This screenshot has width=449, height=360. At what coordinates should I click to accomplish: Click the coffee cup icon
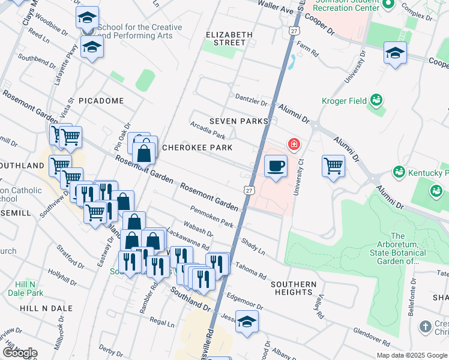click(276, 166)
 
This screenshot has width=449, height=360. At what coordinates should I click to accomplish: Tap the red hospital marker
click(294, 143)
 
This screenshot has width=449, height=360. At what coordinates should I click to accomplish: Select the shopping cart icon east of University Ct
click(333, 166)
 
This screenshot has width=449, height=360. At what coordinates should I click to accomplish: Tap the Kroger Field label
click(346, 100)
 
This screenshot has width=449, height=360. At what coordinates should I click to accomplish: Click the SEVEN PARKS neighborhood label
click(238, 121)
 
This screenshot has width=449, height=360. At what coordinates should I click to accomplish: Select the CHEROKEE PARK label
click(197, 148)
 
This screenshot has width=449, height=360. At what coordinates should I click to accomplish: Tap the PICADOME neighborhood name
click(101, 101)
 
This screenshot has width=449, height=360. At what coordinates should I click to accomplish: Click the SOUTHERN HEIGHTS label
click(293, 288)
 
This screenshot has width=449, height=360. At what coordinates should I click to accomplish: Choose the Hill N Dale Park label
click(25, 289)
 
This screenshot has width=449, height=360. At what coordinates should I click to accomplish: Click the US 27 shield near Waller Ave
click(294, 30)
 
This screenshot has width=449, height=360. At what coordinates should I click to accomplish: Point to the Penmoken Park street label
click(211, 217)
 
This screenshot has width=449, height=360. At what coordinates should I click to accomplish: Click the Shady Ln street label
click(253, 245)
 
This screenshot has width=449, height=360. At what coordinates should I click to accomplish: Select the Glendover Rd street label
click(373, 334)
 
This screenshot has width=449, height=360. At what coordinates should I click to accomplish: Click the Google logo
click(19, 353)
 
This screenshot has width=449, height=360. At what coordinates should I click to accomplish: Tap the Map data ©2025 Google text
click(411, 355)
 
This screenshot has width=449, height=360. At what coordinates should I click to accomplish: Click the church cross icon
click(425, 327)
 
